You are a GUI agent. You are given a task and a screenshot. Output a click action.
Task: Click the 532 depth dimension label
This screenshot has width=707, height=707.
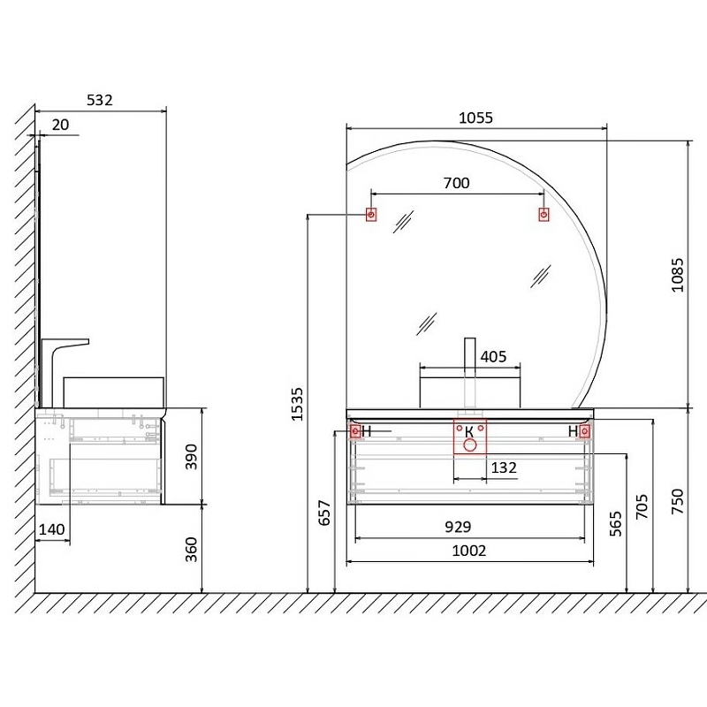click(100, 100)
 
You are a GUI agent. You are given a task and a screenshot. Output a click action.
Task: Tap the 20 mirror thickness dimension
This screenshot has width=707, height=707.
click(60, 125)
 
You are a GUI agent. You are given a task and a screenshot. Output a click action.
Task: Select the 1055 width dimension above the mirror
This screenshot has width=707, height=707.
click(475, 118)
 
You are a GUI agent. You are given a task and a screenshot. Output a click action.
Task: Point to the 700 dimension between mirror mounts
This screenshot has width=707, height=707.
click(456, 183)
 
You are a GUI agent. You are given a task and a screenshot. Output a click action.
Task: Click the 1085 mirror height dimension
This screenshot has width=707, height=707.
click(677, 275)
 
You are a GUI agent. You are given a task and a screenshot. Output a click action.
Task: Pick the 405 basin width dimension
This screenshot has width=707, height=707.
click(493, 357)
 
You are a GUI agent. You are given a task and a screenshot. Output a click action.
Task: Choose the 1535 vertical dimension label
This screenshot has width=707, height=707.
click(297, 405)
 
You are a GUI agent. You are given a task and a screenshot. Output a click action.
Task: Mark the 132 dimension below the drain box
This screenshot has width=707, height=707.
click(504, 468)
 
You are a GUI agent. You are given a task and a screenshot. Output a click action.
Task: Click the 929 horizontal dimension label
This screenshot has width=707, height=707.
click(458, 527)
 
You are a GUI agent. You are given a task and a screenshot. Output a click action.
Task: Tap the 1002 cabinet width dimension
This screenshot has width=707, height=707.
click(469, 551)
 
